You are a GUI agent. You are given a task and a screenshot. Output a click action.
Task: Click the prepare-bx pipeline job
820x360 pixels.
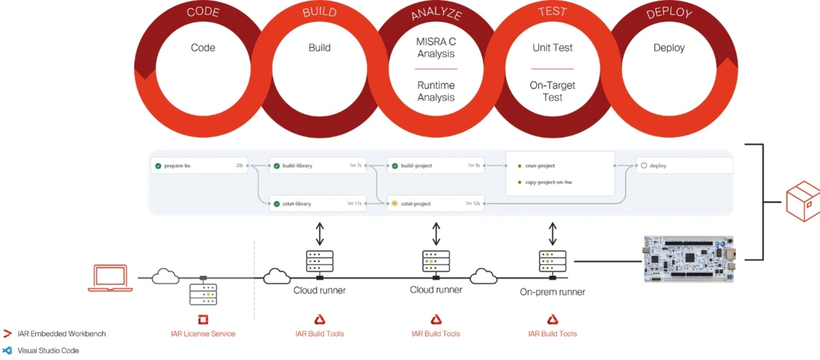tap(199, 166)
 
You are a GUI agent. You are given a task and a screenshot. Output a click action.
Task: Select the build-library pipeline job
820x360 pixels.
tap(316, 166)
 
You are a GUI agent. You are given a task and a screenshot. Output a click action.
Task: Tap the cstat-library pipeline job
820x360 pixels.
tap(316, 204)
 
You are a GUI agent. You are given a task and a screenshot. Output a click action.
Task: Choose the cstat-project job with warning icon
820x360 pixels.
tap(436, 204)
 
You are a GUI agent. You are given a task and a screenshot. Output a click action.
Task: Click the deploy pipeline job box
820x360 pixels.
tap(684, 166)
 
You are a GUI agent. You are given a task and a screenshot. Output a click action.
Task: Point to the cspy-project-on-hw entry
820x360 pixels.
tap(548, 183)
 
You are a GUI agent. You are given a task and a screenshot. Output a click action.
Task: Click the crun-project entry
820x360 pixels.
tap(540, 166)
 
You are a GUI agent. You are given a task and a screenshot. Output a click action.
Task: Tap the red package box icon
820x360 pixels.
tap(803, 201)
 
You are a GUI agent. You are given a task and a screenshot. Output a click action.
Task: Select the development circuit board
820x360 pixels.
tap(689, 259)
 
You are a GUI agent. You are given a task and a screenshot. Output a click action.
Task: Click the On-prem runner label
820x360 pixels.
tap(552, 292)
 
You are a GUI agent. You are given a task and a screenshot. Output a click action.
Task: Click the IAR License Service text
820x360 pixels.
tap(203, 334)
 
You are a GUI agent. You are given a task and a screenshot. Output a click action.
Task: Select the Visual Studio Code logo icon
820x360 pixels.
tap(8, 350)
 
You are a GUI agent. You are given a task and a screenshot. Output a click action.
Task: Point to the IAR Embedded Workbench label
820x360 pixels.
tap(61, 334)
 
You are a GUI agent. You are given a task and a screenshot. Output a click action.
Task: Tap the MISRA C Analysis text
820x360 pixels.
tap(436, 47)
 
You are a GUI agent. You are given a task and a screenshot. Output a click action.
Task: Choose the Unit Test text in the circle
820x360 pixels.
tap(552, 47)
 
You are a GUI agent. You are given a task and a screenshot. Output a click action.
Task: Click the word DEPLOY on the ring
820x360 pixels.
tap(669, 13)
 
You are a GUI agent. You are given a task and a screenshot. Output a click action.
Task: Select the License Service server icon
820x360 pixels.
tap(203, 294)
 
